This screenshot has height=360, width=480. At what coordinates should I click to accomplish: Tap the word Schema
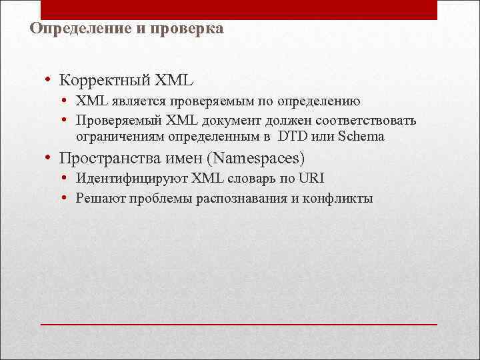tap(361, 137)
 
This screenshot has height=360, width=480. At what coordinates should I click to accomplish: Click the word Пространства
tap(106, 159)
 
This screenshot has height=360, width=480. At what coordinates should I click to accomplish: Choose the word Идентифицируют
tap(131, 179)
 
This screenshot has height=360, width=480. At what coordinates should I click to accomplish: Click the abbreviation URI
tap(312, 179)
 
